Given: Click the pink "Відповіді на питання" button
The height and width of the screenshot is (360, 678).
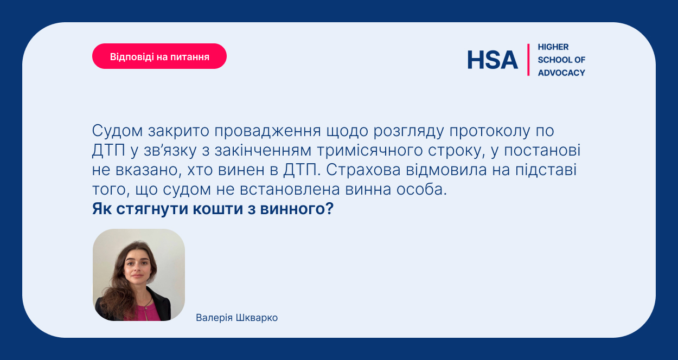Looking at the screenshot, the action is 159,56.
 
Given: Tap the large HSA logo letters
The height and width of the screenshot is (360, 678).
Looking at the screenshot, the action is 492,60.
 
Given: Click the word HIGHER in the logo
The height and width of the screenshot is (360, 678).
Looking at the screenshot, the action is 553,47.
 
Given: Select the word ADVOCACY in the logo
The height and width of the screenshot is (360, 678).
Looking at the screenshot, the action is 561,73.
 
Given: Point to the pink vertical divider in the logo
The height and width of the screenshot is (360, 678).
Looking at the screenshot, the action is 528,60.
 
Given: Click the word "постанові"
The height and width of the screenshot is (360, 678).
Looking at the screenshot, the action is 542,151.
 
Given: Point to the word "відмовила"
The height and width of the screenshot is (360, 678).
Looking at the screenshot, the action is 446,170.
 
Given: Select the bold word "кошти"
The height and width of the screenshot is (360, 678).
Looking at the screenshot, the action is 218,209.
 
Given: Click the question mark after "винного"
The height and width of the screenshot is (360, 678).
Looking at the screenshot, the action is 330,208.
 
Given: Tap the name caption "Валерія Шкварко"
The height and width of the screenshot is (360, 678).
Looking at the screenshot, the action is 236,318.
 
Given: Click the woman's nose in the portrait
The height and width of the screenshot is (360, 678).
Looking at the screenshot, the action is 137,269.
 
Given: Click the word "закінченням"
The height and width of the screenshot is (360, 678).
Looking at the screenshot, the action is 263,151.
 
